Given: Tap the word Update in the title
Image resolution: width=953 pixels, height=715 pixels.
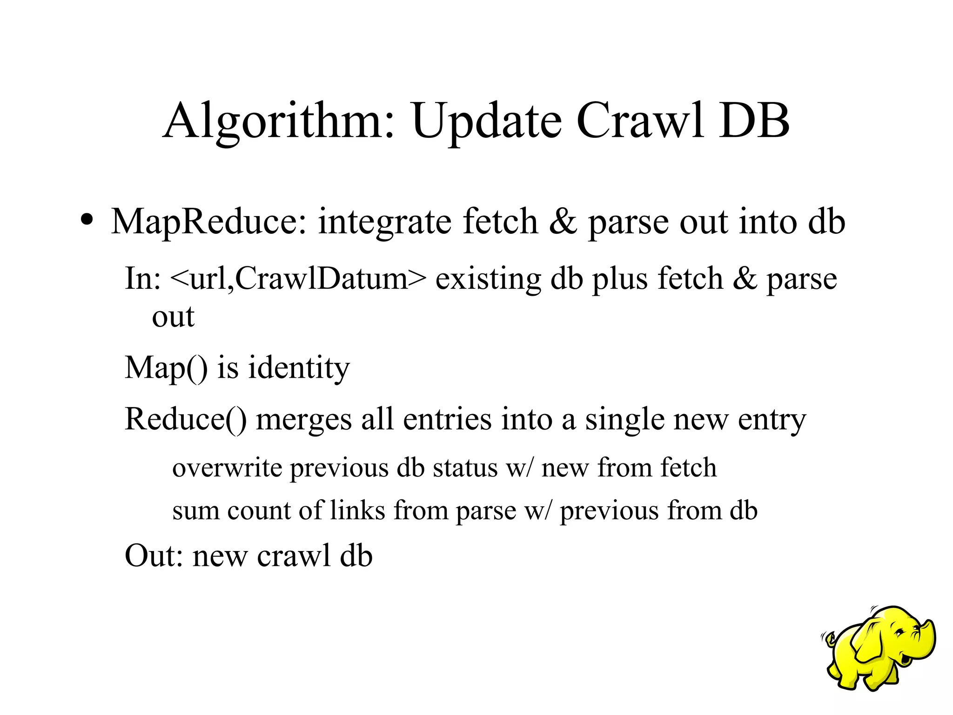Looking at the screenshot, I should pyautogui.click(x=486, y=122).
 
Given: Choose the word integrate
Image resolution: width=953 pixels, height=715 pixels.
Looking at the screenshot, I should pyautogui.click(x=384, y=223).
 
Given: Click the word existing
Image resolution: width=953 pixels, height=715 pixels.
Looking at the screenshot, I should pyautogui.click(x=488, y=279).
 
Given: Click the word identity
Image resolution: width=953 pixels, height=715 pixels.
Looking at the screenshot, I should pyautogui.click(x=298, y=368).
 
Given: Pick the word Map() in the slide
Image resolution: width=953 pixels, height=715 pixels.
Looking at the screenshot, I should pyautogui.click(x=166, y=368).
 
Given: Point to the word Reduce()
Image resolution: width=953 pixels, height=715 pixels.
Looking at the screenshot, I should pyautogui.click(x=186, y=419).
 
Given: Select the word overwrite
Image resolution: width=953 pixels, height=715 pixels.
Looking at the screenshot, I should pyautogui.click(x=227, y=468).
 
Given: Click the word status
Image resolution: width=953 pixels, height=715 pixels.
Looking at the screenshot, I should pyautogui.click(x=465, y=468).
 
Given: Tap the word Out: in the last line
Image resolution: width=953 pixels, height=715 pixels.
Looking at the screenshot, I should pyautogui.click(x=154, y=555).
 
